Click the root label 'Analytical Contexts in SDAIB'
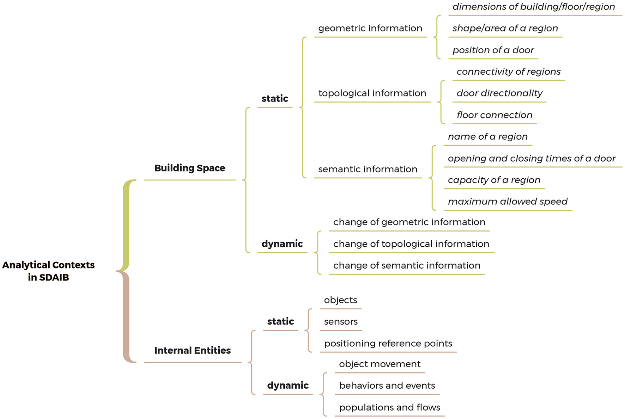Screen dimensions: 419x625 click(48, 271)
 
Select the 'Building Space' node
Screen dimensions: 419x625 click(190, 168)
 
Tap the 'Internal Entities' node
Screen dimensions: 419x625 click(193, 350)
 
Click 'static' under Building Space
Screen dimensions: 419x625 click(275, 99)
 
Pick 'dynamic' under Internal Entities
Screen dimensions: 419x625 click(288, 386)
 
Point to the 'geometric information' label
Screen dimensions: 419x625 click(370, 28)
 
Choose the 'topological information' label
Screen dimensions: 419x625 click(372, 93)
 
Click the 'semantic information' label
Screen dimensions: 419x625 click(368, 169)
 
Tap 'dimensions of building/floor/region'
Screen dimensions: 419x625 click(534, 7)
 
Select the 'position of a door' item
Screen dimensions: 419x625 click(493, 50)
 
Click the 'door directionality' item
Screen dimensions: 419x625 click(499, 93)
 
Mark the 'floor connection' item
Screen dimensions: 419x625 click(494, 115)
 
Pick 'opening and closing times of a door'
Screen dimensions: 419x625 click(532, 159)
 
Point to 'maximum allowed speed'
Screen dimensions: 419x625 click(508, 202)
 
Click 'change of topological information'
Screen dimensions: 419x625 click(411, 244)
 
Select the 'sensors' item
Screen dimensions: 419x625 click(341, 322)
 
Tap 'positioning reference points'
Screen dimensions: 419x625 click(388, 344)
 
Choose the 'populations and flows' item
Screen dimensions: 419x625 click(389, 407)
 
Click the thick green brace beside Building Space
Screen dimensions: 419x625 click(126, 226)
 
